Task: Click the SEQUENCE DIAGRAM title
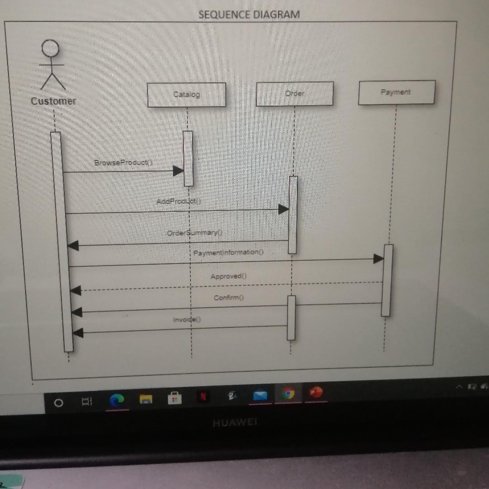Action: [x=249, y=14]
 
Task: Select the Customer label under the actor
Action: [x=53, y=101]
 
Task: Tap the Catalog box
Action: [x=186, y=95]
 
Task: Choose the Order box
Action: [x=294, y=94]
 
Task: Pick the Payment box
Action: [x=396, y=92]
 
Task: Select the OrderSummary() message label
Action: [x=195, y=233]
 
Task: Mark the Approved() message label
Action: [x=229, y=276]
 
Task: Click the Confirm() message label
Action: [x=229, y=298]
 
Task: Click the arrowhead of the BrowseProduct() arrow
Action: [x=178, y=171]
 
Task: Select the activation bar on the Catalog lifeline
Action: [x=188, y=158]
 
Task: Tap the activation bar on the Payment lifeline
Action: [x=386, y=280]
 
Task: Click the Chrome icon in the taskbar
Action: [x=287, y=394]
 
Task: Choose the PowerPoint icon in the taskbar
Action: [x=316, y=393]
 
